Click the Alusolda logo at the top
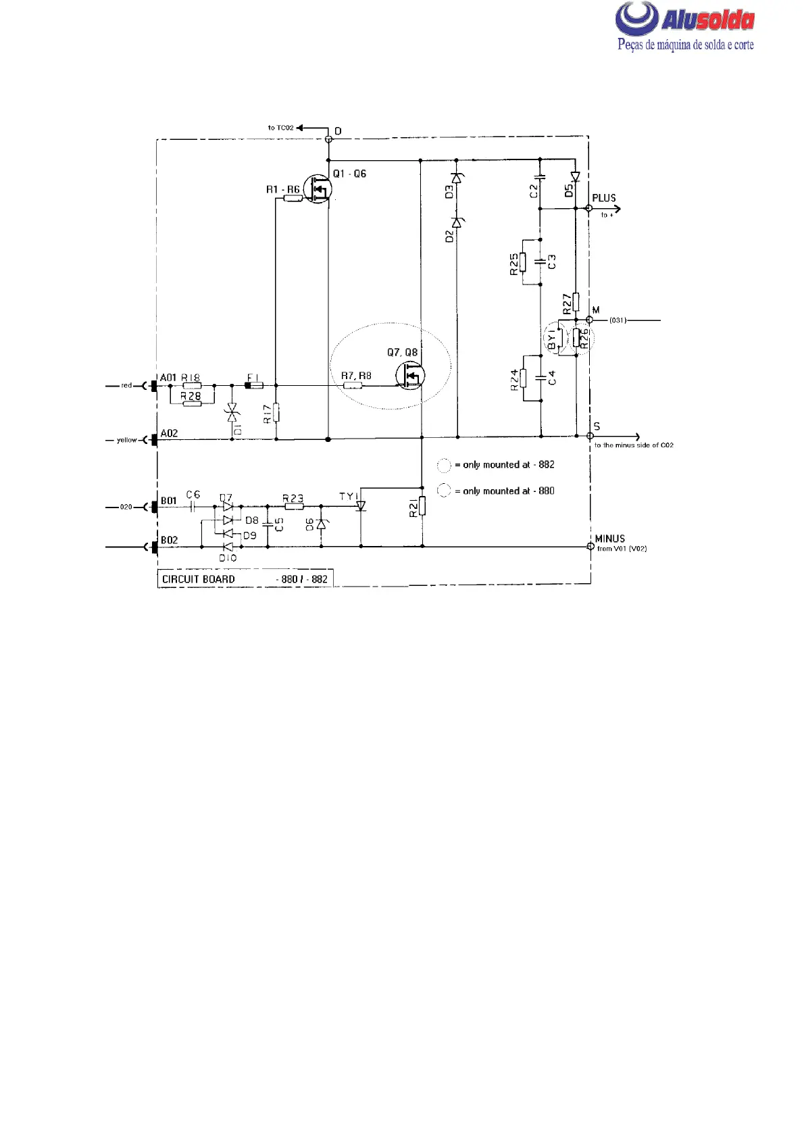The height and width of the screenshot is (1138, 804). pyautogui.click(x=684, y=26)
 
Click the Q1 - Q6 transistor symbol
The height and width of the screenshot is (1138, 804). pyautogui.click(x=318, y=189)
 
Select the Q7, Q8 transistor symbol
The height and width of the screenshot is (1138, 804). pyautogui.click(x=409, y=376)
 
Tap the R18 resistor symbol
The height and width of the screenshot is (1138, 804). pyautogui.click(x=192, y=386)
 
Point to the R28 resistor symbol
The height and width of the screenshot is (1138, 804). pyautogui.click(x=192, y=403)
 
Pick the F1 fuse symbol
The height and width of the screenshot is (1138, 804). pyautogui.click(x=254, y=386)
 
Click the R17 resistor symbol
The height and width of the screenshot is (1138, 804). pyautogui.click(x=276, y=412)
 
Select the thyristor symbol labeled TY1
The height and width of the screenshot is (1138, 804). pyautogui.click(x=361, y=505)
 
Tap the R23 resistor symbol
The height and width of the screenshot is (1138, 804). pyautogui.click(x=293, y=506)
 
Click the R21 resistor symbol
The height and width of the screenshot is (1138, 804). pyautogui.click(x=422, y=505)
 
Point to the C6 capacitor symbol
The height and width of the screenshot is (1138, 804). pyautogui.click(x=193, y=506)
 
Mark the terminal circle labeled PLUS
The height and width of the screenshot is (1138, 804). pyautogui.click(x=589, y=208)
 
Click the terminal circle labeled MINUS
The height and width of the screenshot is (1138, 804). pyautogui.click(x=590, y=546)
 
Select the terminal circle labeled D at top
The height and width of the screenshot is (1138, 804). pyautogui.click(x=329, y=139)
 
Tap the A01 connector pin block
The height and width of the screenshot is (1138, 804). pyautogui.click(x=155, y=386)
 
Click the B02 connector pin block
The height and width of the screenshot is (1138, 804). pyautogui.click(x=155, y=546)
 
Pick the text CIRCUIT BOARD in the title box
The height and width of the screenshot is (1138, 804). pyautogui.click(x=199, y=579)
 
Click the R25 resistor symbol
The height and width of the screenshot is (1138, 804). pyautogui.click(x=523, y=262)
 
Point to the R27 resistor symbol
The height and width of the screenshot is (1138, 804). pyautogui.click(x=576, y=301)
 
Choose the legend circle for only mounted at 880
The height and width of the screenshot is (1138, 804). pyautogui.click(x=444, y=491)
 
